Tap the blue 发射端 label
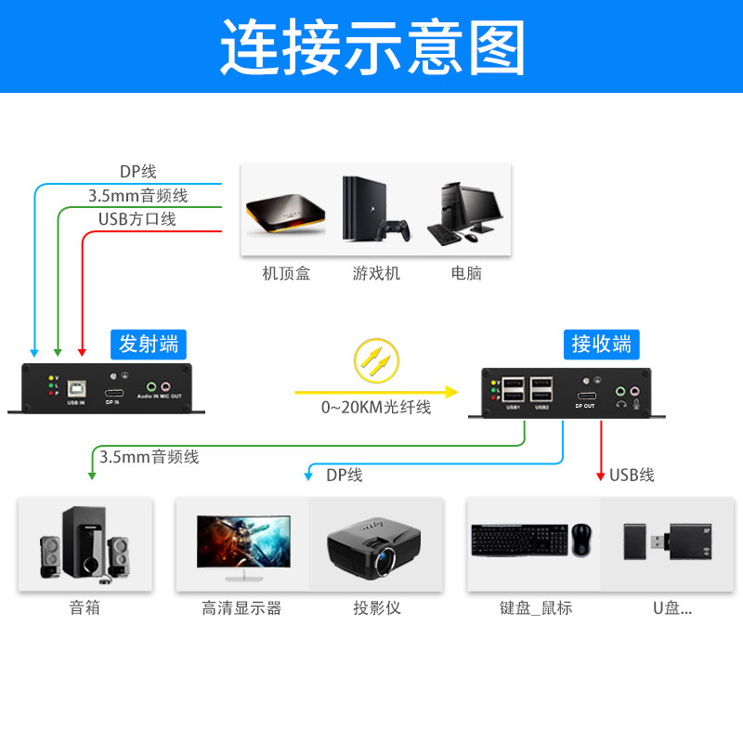149,345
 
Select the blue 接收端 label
601,345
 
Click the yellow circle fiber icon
376,362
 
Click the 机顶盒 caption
286,274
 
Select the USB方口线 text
137,219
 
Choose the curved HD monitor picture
242,542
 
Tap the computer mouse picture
582,541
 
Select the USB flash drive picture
662,542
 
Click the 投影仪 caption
376,608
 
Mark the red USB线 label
632,476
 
